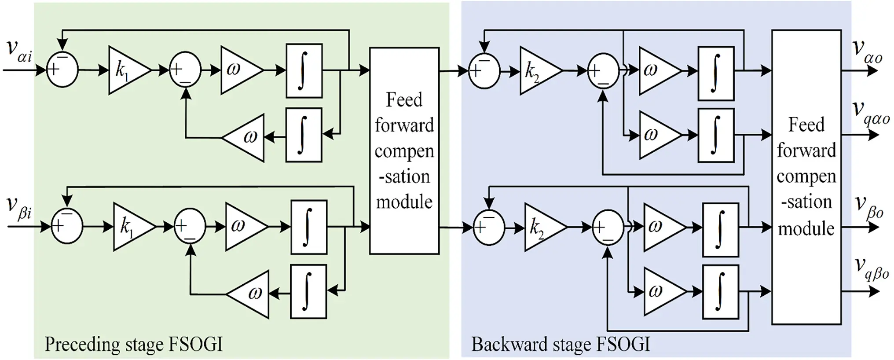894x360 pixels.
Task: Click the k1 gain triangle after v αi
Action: pyautogui.click(x=128, y=70)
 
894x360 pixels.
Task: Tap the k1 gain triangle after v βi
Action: pyautogui.click(x=132, y=227)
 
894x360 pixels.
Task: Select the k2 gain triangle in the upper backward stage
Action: pyautogui.click(x=539, y=71)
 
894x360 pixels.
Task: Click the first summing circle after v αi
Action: pyautogui.click(x=62, y=70)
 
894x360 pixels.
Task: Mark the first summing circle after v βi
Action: pyautogui.click(x=67, y=226)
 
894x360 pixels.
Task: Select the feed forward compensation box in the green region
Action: pyautogui.click(x=404, y=151)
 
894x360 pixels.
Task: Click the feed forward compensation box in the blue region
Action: pyautogui.click(x=806, y=177)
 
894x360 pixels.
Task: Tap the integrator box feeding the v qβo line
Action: pyautogui.click(x=720, y=292)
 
